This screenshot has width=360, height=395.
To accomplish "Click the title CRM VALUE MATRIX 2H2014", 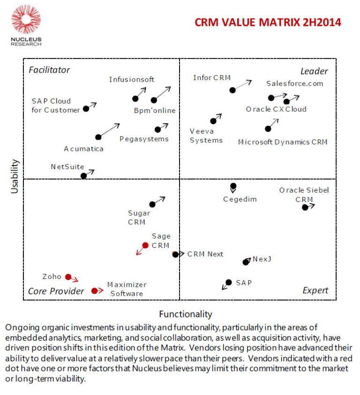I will tap(268, 22).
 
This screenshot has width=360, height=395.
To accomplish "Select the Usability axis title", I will tap(15, 176).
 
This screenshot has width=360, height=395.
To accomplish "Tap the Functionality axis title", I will tap(185, 314).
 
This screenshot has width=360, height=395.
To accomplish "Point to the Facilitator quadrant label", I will tap(49, 70).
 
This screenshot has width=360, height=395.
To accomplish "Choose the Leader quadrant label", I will tap(314, 71).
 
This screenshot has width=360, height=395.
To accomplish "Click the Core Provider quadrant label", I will tap(56, 291).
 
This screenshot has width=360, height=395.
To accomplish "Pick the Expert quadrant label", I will tap(315, 291).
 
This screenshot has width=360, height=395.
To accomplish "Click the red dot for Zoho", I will tap(68, 277).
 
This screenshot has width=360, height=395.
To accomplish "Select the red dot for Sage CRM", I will tap(145, 245).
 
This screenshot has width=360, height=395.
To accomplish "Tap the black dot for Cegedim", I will tap(233, 186).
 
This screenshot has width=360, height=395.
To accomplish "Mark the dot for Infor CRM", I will tap(232, 90).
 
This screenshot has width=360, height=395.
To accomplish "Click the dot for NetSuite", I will tap(83, 176).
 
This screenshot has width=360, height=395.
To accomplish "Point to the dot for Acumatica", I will tap(98, 137).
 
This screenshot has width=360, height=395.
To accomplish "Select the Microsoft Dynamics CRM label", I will tap(282, 142).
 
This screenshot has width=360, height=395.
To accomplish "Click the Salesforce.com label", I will tap(294, 83).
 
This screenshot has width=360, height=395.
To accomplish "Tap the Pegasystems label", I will tap(143, 139).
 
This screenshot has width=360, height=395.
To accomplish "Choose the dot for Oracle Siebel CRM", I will tap(305, 207).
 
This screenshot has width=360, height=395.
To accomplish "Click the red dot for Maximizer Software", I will tap(94, 291).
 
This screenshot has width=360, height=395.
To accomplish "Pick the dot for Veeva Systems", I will tap(213, 121).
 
